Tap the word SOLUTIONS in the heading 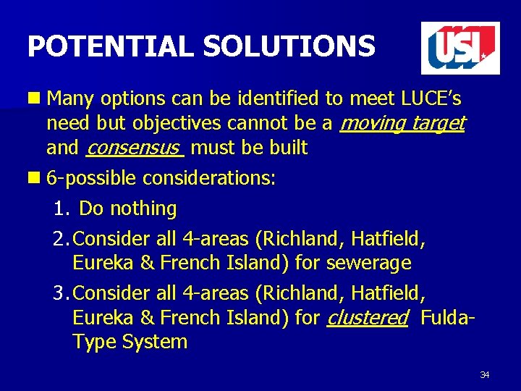(x=289, y=47)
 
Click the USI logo (x=460, y=48)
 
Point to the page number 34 (x=484, y=374)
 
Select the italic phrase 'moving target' (x=402, y=123)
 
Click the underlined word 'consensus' (x=133, y=148)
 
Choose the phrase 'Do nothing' (x=127, y=209)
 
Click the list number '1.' (x=62, y=209)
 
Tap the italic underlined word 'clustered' (x=367, y=317)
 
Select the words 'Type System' (x=130, y=342)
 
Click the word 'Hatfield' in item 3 (x=389, y=293)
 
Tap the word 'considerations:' (x=209, y=178)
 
